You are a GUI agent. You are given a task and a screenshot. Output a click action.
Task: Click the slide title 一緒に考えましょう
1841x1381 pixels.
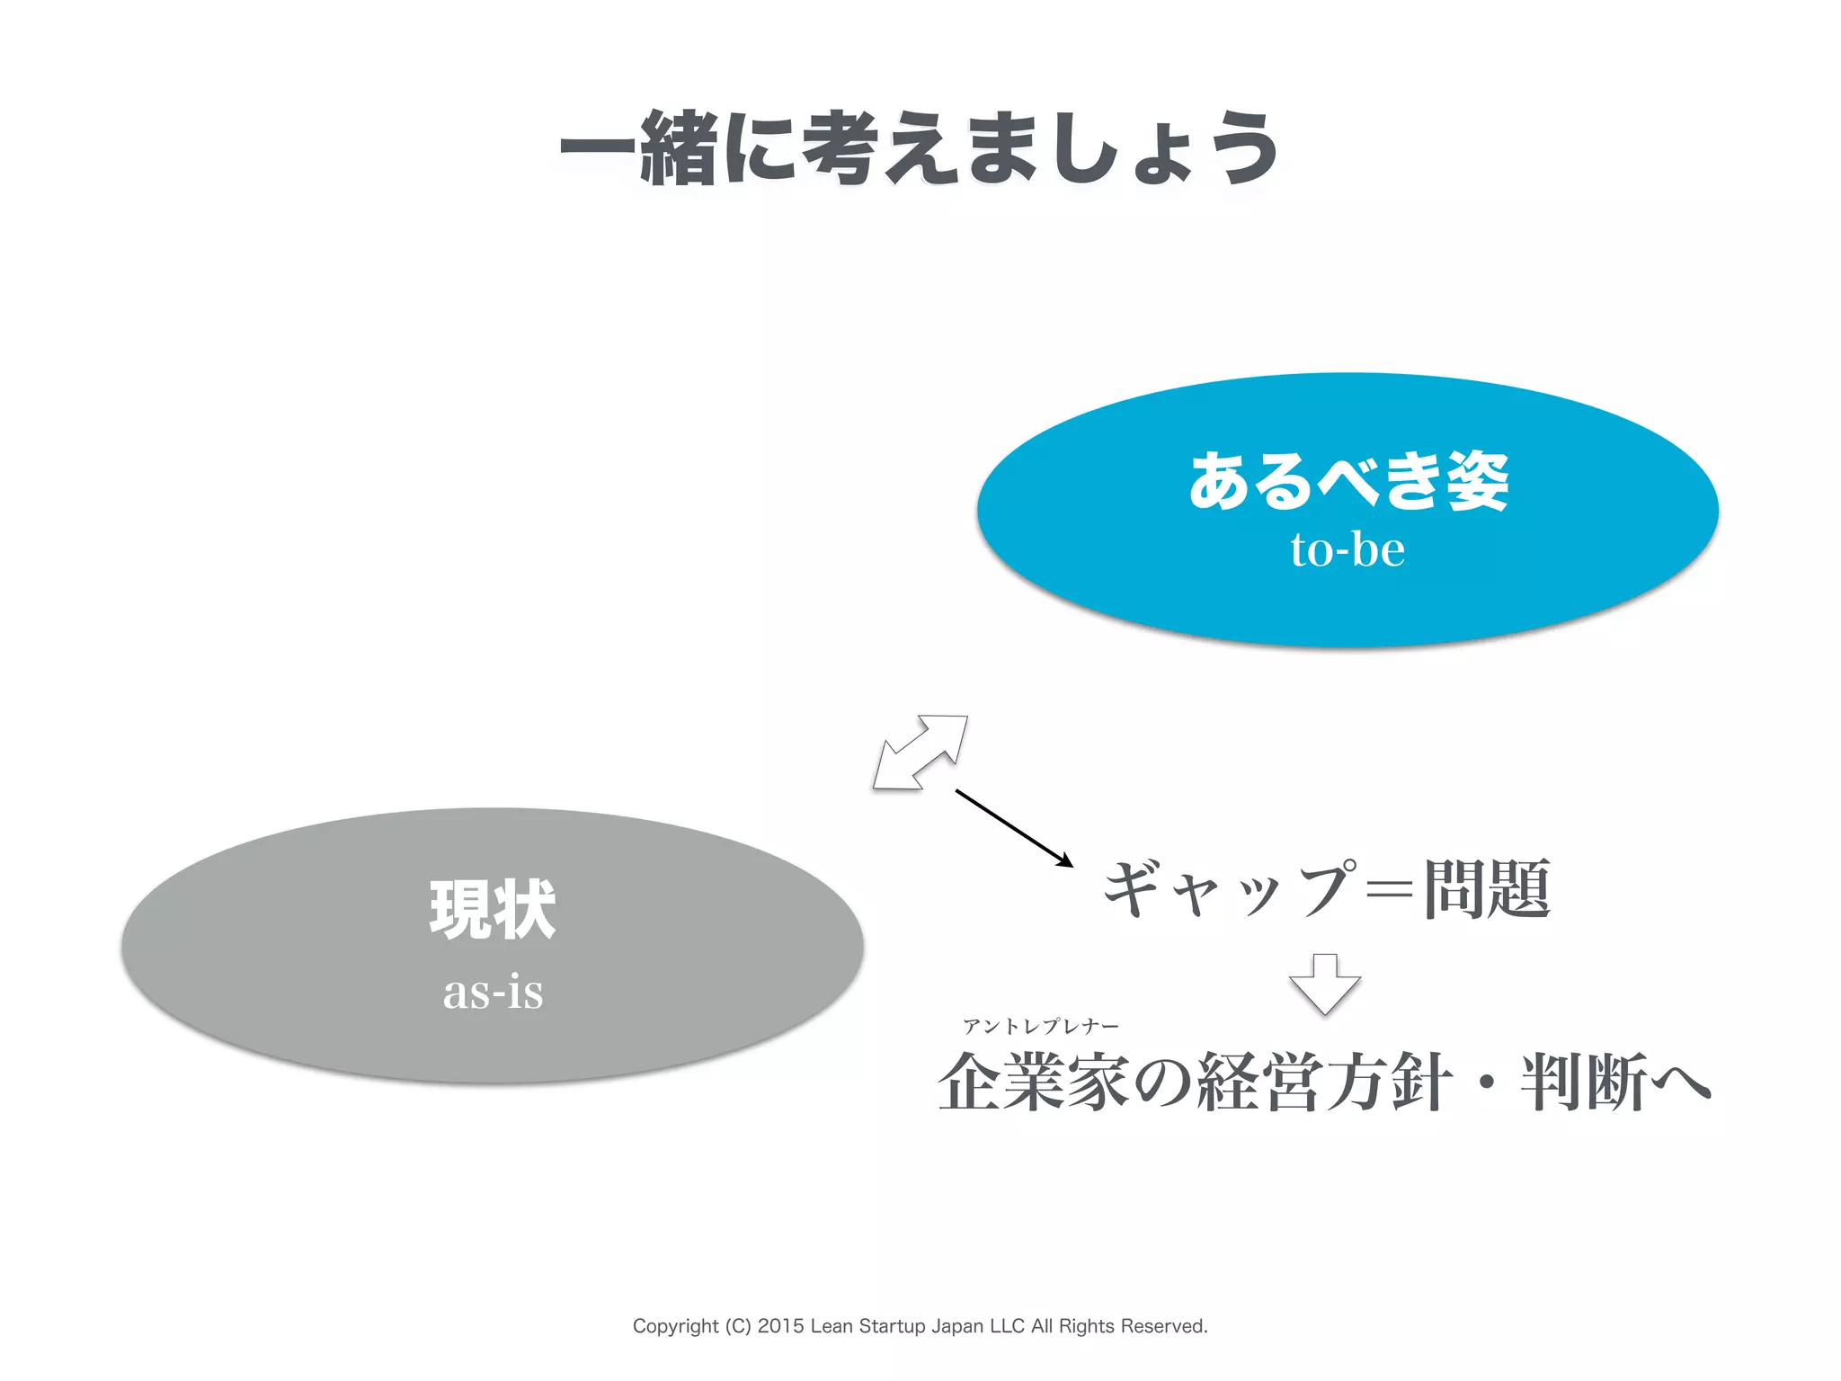(919, 148)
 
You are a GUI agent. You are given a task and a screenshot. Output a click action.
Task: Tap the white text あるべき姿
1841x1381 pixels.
(1347, 481)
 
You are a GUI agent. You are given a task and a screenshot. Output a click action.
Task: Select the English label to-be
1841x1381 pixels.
(1347, 549)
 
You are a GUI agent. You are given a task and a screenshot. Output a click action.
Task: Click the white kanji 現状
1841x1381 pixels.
(493, 909)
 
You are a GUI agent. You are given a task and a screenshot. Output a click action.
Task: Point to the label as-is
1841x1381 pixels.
(493, 992)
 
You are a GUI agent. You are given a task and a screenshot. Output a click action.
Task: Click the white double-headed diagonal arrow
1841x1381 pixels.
(920, 753)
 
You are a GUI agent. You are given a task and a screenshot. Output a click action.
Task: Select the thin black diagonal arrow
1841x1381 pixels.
(1013, 827)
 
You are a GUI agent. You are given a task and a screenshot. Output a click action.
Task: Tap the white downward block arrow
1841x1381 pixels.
(1324, 983)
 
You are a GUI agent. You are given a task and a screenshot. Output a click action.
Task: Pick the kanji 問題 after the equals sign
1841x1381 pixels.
(1488, 888)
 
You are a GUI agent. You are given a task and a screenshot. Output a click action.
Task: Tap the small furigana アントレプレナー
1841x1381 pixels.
(1041, 1027)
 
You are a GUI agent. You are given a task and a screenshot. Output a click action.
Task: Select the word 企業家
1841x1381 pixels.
(1034, 1082)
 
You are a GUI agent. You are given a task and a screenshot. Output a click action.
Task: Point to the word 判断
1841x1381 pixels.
(1584, 1082)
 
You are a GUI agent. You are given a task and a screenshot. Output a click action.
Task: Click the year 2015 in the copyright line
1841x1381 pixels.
(781, 1326)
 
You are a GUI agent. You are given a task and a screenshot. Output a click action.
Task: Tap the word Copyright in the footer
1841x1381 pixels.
(675, 1326)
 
